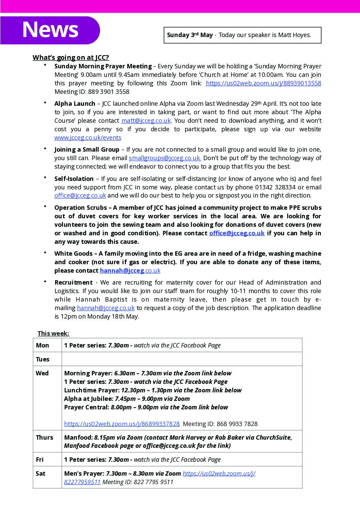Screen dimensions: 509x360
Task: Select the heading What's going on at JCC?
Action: click(x=71, y=57)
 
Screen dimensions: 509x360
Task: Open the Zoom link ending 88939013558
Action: click(x=263, y=83)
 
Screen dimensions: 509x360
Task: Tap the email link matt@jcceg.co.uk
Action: click(x=146, y=121)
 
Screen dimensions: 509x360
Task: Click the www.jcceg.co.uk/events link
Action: click(x=88, y=138)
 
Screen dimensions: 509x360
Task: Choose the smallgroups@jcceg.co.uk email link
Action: click(x=165, y=158)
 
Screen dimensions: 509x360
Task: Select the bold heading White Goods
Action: click(x=73, y=254)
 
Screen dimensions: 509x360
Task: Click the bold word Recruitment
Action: click(x=73, y=283)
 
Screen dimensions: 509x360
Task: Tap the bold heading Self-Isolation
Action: click(x=74, y=179)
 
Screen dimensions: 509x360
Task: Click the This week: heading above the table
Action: click(x=53, y=334)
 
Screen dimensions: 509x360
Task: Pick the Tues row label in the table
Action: click(x=43, y=359)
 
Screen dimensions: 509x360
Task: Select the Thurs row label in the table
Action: click(x=44, y=438)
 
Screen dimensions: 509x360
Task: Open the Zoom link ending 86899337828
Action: click(x=122, y=424)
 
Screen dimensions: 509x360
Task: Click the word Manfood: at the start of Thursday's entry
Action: click(x=78, y=438)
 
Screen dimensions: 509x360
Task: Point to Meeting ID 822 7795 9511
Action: click(x=138, y=482)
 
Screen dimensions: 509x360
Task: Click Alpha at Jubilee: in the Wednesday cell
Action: click(x=88, y=399)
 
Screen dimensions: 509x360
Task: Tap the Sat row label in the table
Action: click(x=40, y=474)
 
